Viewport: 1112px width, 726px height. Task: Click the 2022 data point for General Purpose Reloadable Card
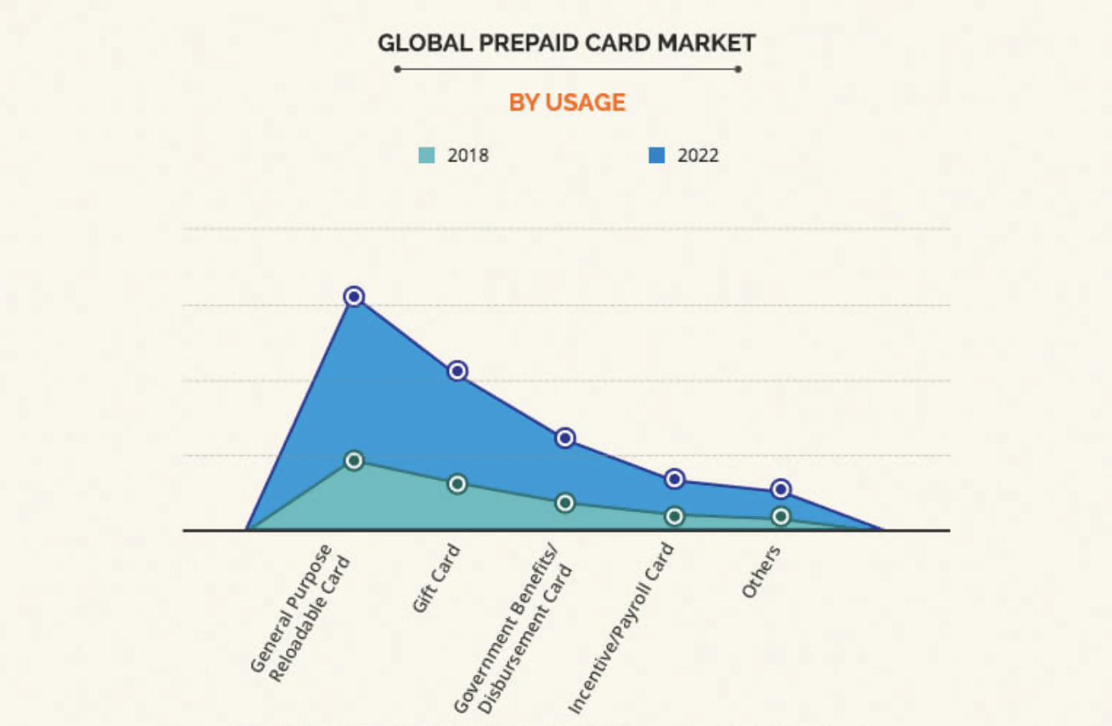point(355,296)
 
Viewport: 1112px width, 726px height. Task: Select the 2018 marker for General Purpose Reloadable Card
point(355,460)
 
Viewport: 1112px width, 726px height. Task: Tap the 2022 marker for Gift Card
point(457,371)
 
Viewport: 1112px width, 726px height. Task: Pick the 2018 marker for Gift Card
point(457,483)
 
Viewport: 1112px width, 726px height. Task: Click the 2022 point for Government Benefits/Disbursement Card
point(565,437)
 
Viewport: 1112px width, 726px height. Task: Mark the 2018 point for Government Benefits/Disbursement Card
point(565,503)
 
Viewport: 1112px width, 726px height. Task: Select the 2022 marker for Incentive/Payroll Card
point(675,478)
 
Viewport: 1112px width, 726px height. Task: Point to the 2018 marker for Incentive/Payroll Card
point(675,516)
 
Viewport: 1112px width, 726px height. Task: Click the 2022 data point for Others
point(781,489)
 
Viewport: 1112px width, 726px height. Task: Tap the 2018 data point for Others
point(781,516)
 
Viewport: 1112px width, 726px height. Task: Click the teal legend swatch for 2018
point(427,156)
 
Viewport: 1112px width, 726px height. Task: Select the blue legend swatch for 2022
point(657,156)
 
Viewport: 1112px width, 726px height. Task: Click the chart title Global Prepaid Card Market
point(566,43)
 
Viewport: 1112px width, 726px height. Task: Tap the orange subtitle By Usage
point(567,102)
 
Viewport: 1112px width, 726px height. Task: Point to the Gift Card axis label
point(436,578)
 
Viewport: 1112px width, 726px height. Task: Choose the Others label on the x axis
point(762,571)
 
